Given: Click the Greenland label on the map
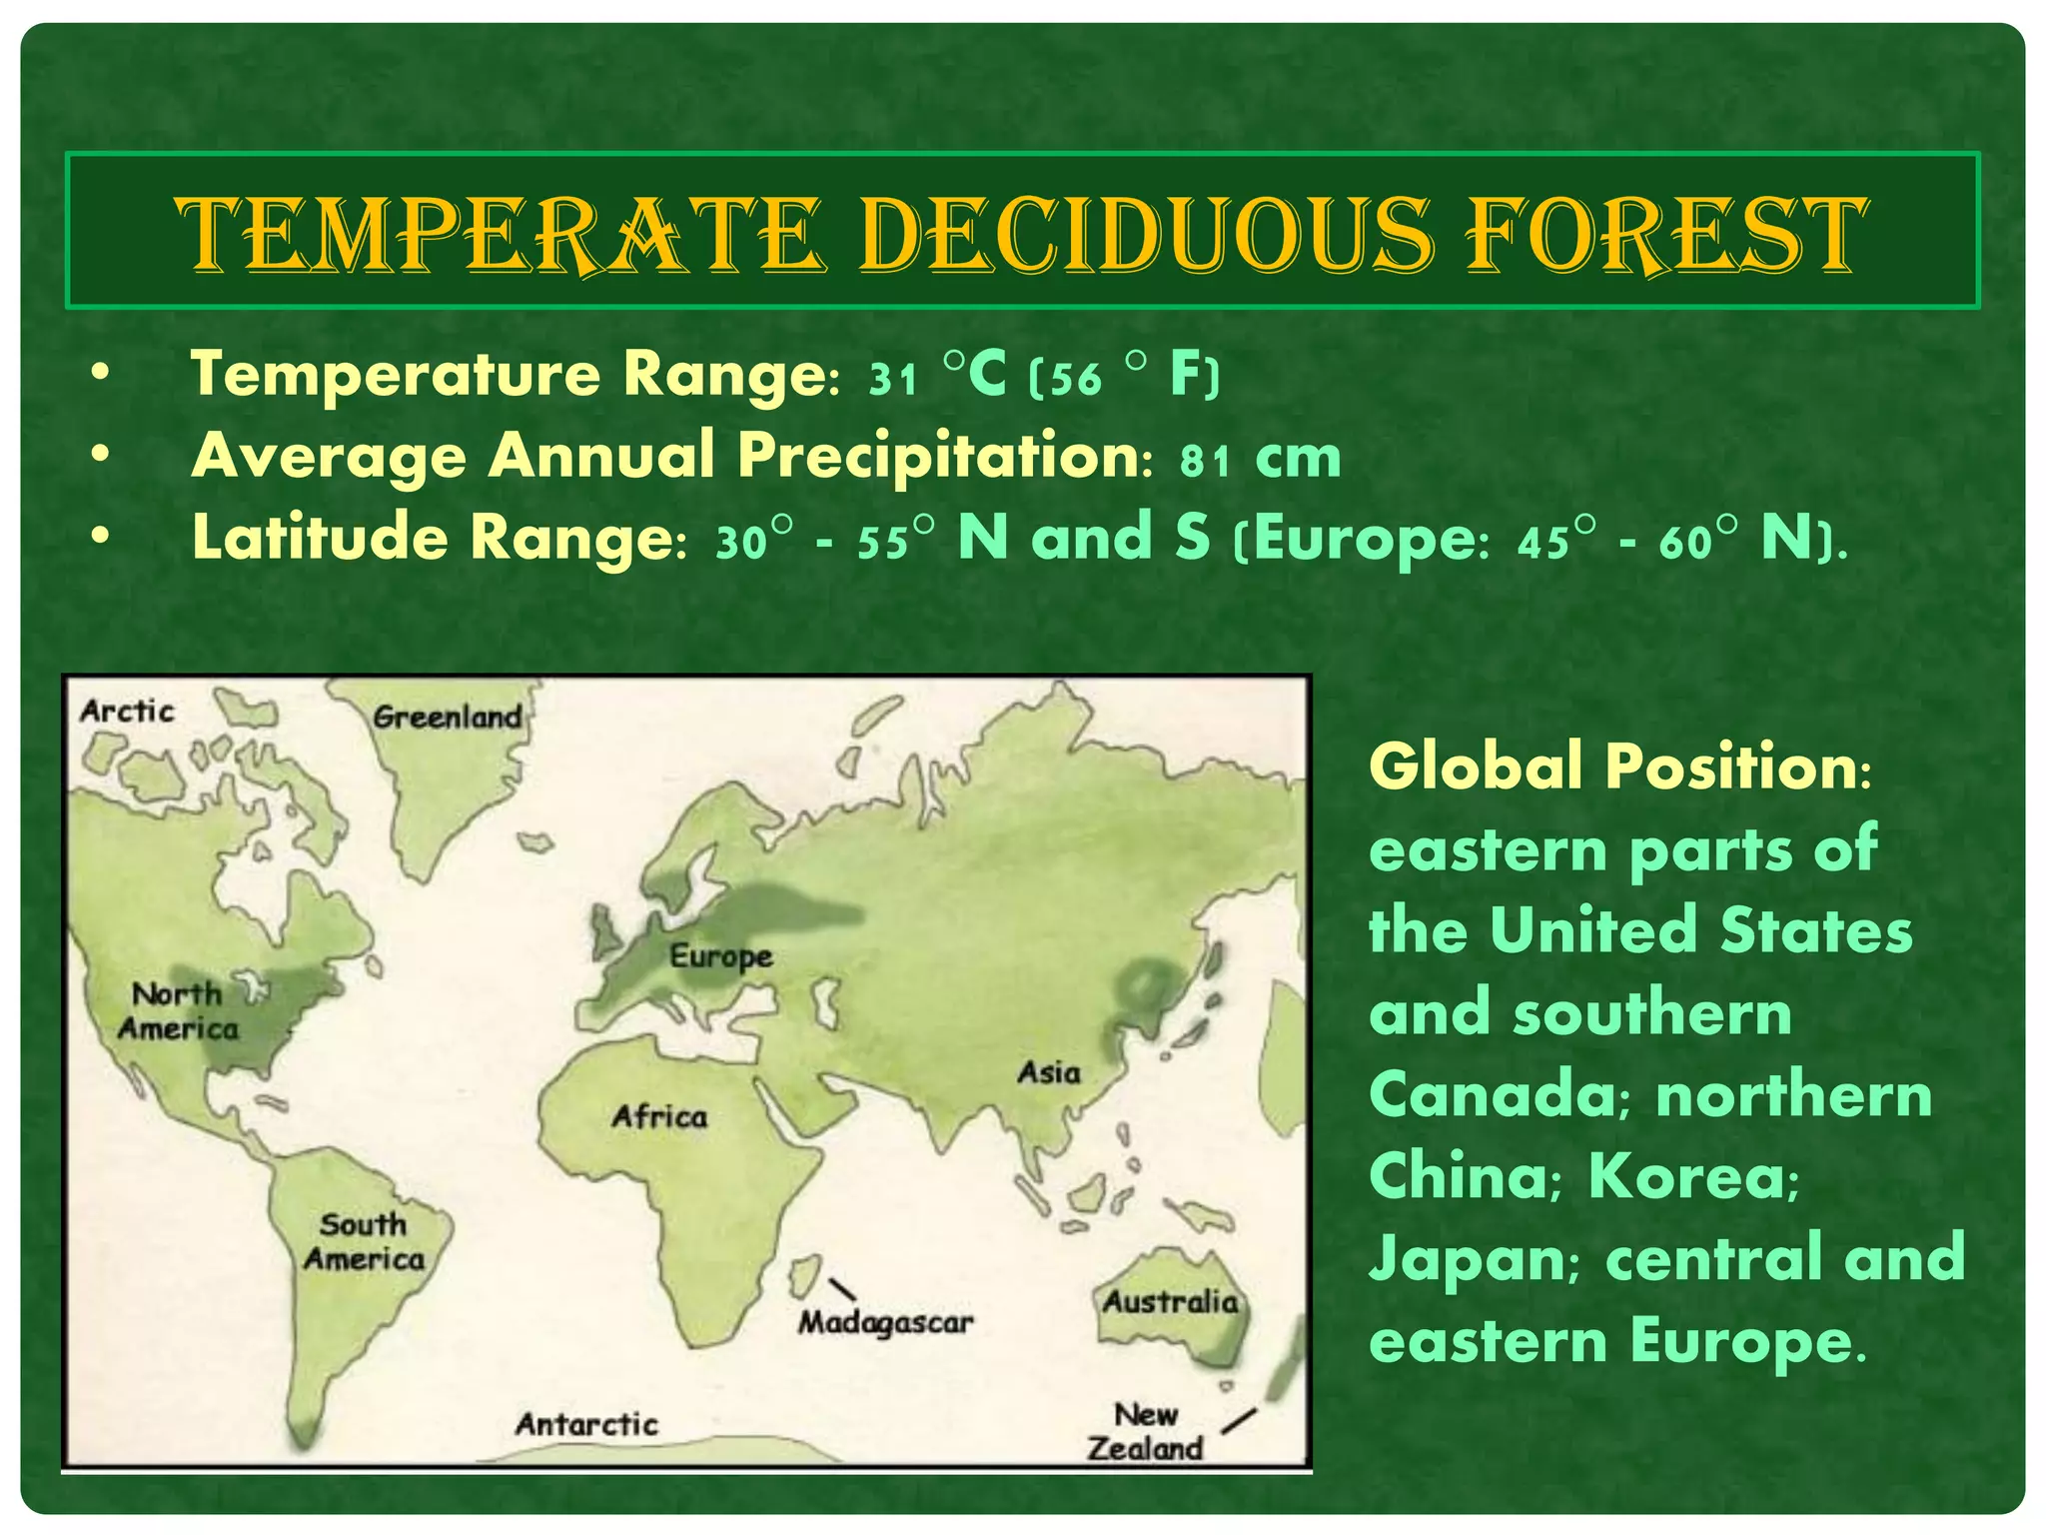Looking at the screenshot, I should pyautogui.click(x=447, y=717).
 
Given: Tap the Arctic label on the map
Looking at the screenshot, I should pyautogui.click(x=127, y=712).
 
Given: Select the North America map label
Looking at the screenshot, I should pyautogui.click(x=178, y=1011).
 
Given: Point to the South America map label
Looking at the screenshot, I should pyautogui.click(x=364, y=1241).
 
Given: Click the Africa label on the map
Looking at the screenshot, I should pyautogui.click(x=659, y=1116).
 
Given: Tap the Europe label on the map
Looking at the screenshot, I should pyautogui.click(x=720, y=956).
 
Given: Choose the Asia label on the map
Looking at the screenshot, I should pyautogui.click(x=1049, y=1073).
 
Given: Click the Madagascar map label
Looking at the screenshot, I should pyautogui.click(x=885, y=1323).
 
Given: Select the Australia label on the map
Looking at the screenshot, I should pyautogui.click(x=1170, y=1302).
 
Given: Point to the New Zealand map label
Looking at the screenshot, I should pyautogui.click(x=1145, y=1431).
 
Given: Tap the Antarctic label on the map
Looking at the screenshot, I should pyautogui.click(x=586, y=1424).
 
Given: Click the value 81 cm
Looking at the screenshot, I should pyautogui.click(x=1260, y=459).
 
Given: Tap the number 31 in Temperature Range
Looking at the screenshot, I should pyautogui.click(x=892, y=379).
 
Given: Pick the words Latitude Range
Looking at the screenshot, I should pyautogui.click(x=432, y=538).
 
